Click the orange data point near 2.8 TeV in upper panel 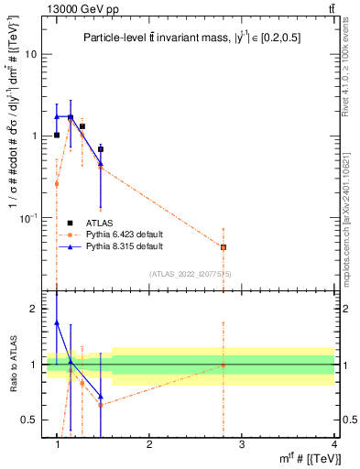pyautogui.click(x=224, y=247)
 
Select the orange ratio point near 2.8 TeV pyautogui.click(x=224, y=365)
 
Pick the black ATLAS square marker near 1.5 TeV pyautogui.click(x=101, y=148)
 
